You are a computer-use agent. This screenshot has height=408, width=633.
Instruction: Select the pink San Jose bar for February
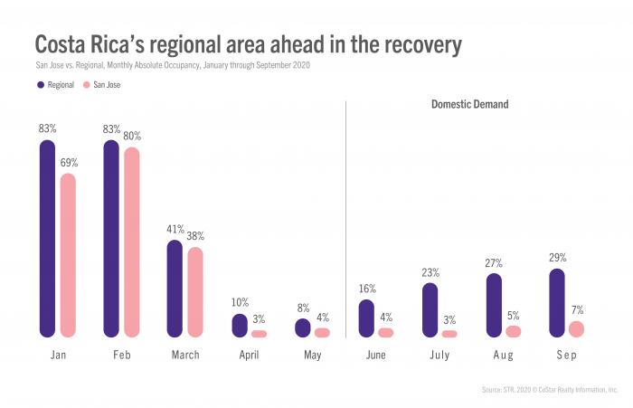click(132, 242)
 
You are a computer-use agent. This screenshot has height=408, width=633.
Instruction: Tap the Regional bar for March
click(175, 289)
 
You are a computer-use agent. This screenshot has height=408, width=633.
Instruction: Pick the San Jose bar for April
click(260, 334)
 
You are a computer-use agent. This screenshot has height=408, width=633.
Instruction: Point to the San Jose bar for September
click(577, 329)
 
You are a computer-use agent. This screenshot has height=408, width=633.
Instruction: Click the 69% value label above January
click(69, 163)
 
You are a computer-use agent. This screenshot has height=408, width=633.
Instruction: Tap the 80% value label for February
click(132, 136)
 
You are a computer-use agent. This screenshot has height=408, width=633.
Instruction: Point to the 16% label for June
click(366, 289)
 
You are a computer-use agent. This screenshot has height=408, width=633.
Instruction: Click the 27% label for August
click(493, 263)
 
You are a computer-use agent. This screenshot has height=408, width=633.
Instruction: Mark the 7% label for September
click(577, 309)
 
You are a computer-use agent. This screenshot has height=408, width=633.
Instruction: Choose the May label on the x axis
click(313, 356)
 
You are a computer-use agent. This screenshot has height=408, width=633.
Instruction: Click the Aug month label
click(504, 356)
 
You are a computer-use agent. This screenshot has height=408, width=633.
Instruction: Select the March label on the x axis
click(185, 356)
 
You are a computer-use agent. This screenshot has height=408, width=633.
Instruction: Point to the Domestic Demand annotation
click(468, 105)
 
